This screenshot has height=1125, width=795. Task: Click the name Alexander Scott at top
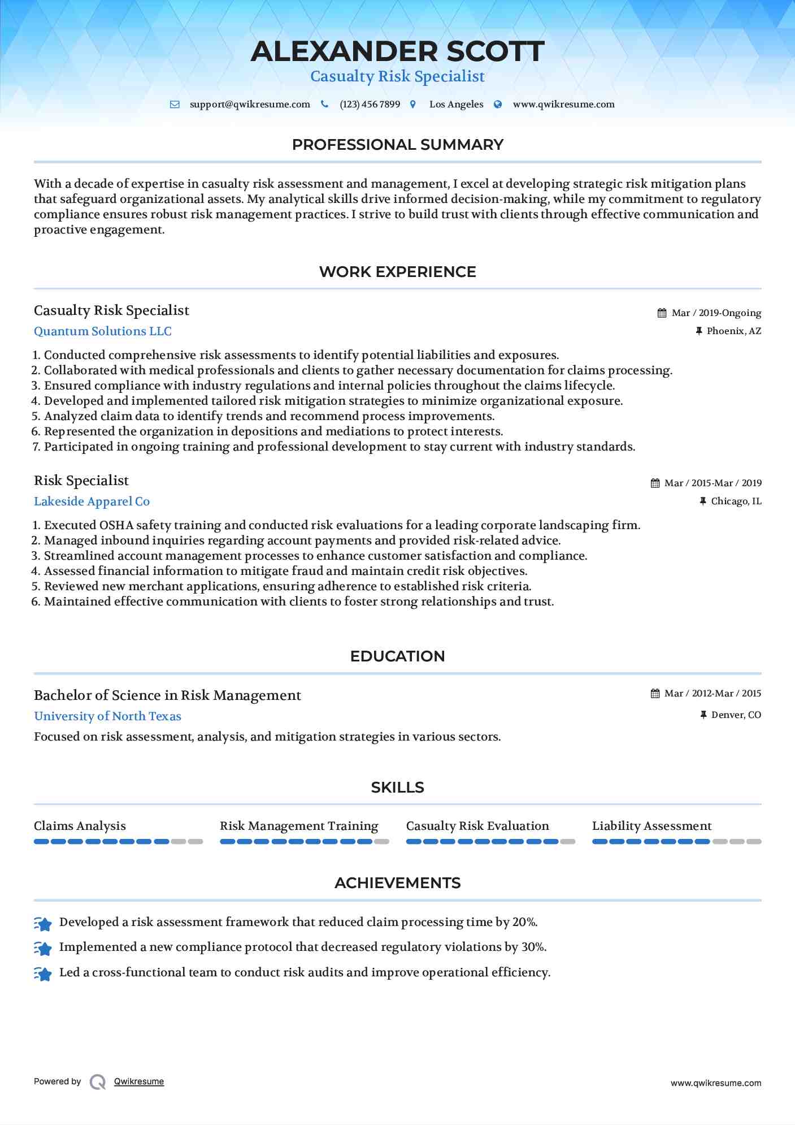(x=397, y=51)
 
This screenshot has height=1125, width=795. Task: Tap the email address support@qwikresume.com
(x=250, y=105)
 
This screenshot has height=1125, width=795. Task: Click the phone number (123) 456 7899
(x=370, y=105)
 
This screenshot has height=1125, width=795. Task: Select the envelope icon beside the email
(x=175, y=105)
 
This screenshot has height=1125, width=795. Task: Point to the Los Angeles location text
(x=456, y=105)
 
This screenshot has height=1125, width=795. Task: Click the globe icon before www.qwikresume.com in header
(x=498, y=105)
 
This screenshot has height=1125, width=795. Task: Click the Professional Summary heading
(x=397, y=145)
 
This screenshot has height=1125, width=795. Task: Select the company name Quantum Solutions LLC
(x=103, y=331)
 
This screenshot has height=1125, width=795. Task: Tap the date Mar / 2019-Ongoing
(x=716, y=313)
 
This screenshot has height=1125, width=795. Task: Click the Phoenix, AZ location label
(x=733, y=331)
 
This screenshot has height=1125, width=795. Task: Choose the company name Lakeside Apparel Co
(x=92, y=501)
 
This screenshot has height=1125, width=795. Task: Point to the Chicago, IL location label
(x=736, y=501)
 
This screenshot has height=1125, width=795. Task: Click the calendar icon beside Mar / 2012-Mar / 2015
(x=655, y=694)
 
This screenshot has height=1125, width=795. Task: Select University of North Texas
(x=107, y=716)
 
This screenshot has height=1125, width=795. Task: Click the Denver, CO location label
(x=736, y=715)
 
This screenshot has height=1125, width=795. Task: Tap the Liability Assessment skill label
(x=651, y=826)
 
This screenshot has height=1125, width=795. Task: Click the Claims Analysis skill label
(x=80, y=826)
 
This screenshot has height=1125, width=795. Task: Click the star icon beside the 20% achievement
(x=43, y=923)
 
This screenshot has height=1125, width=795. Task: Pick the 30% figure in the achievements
(x=533, y=947)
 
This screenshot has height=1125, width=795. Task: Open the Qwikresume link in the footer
(x=139, y=1081)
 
